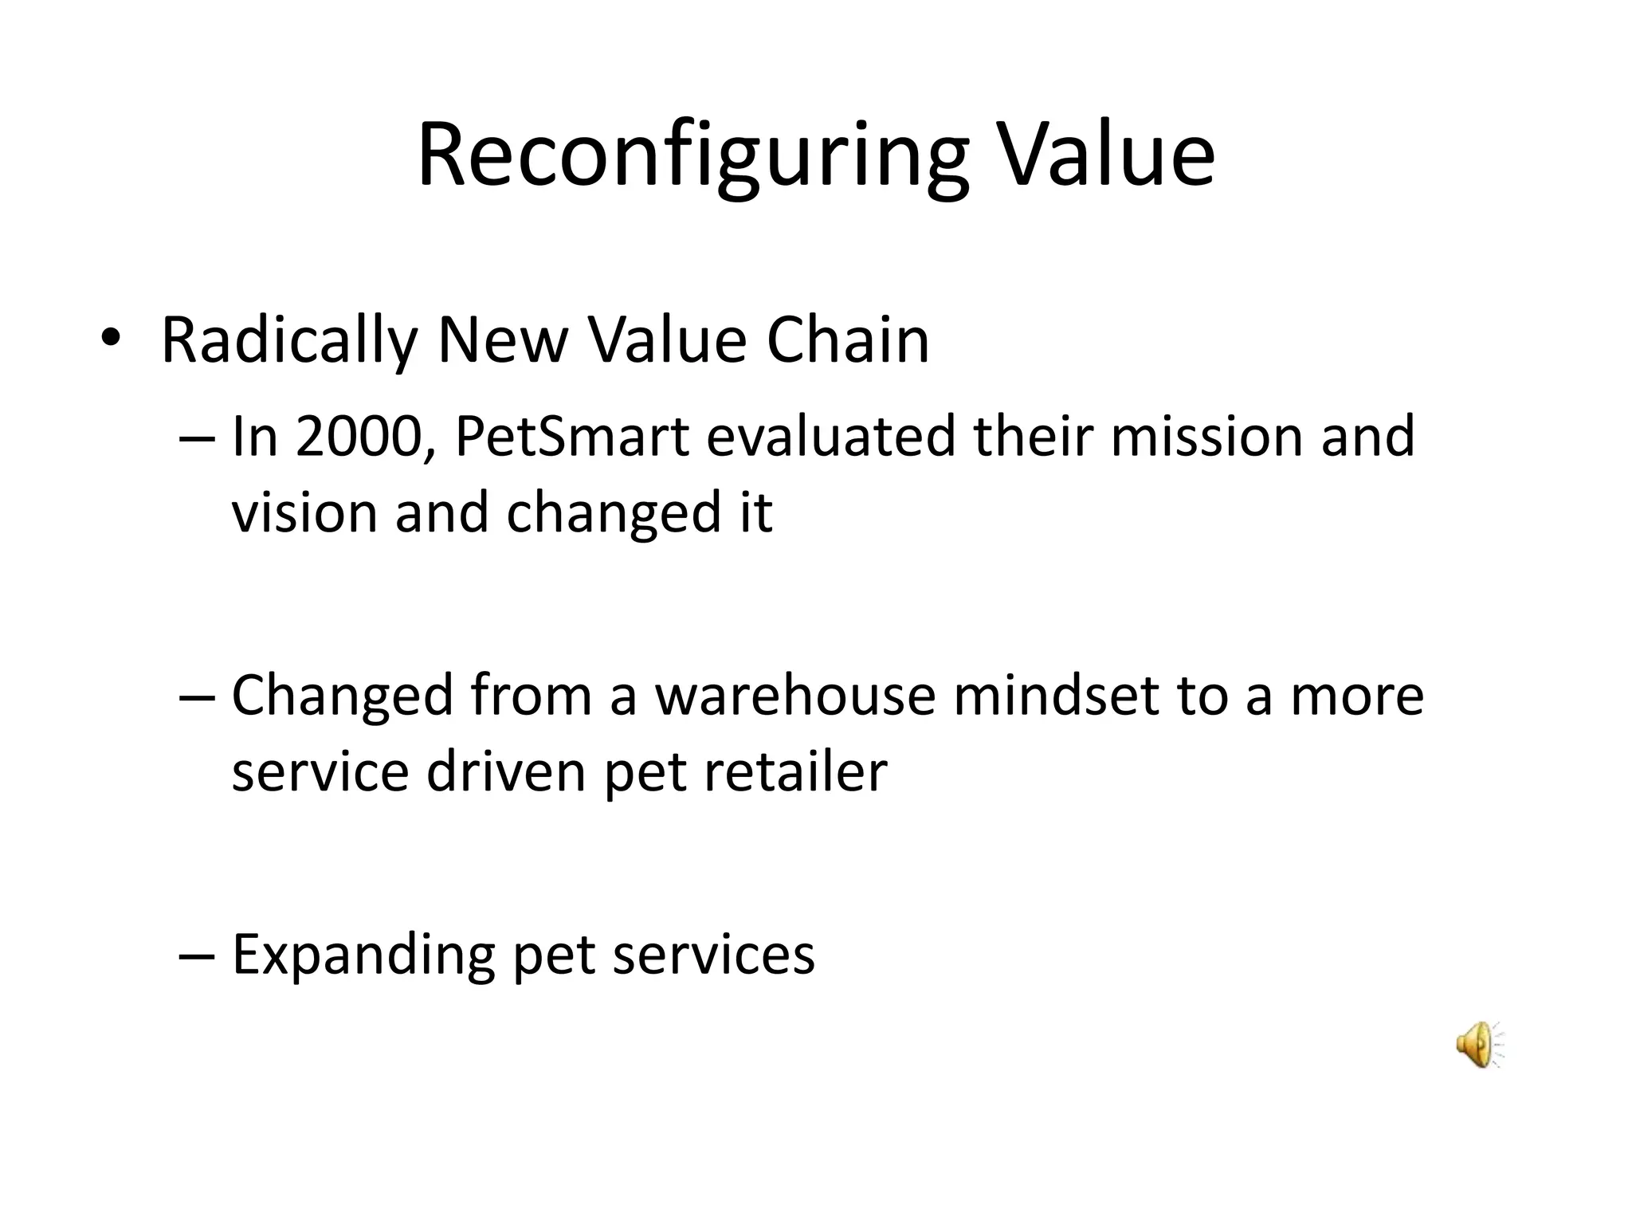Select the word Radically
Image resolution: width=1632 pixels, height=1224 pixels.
[289, 341]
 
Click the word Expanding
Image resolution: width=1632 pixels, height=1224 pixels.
[363, 955]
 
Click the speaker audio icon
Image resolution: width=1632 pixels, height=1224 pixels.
[1478, 1044]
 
